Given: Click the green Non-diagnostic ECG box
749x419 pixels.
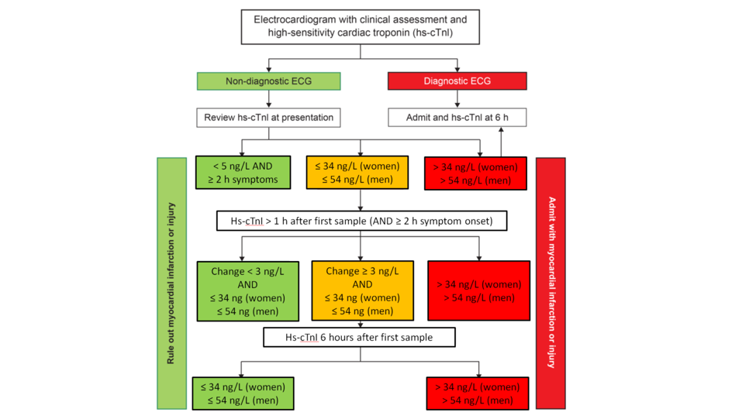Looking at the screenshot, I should point(269,81).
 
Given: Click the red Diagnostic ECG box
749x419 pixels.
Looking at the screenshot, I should point(457,81).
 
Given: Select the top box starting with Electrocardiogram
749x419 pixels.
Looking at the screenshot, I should point(361,27).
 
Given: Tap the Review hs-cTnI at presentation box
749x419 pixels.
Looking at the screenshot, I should point(268,118).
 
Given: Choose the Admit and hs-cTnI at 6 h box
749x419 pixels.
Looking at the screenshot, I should point(457,118).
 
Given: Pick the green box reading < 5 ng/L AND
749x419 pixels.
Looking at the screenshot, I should point(243,173).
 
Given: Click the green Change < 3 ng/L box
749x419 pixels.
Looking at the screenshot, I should point(247,290).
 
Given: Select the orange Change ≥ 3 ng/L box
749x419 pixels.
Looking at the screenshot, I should point(362,290).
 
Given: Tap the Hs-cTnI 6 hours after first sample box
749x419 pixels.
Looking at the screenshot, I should point(359,338).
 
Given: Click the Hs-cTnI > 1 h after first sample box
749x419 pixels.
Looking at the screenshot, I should point(361,221).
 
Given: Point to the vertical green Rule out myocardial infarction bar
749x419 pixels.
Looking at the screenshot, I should point(171,283).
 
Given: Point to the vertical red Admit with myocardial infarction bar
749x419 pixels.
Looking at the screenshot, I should point(551,283).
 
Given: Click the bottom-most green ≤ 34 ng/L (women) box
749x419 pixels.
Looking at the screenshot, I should point(243,393).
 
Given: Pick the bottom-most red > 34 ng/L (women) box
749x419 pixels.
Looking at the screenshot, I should point(478,393).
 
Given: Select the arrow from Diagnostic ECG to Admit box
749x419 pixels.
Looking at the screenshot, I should point(457,100).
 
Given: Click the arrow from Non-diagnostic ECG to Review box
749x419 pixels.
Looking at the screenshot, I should point(269,100).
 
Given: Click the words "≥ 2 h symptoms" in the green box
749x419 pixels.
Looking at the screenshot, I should point(243,180).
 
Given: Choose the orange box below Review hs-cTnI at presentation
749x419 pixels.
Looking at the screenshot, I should point(361,173).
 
